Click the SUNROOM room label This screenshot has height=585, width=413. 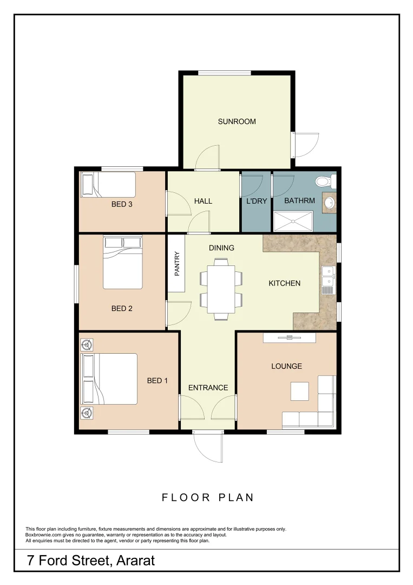click(x=237, y=121)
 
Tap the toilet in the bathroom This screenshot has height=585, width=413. click(x=325, y=181)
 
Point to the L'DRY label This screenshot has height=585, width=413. click(x=255, y=201)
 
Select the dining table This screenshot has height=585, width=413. click(x=221, y=289)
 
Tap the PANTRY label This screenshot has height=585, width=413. click(x=177, y=264)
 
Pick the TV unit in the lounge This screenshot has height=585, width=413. click(x=289, y=337)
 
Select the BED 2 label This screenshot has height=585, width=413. click(x=122, y=309)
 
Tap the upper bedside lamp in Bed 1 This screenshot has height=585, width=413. click(x=86, y=344)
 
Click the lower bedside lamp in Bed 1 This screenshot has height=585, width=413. click(x=86, y=414)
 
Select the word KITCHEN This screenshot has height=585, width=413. click(x=284, y=283)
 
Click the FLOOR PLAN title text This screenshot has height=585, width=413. click(x=208, y=497)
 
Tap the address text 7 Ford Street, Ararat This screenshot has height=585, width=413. click(x=91, y=560)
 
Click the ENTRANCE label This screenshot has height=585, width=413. click(x=208, y=388)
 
